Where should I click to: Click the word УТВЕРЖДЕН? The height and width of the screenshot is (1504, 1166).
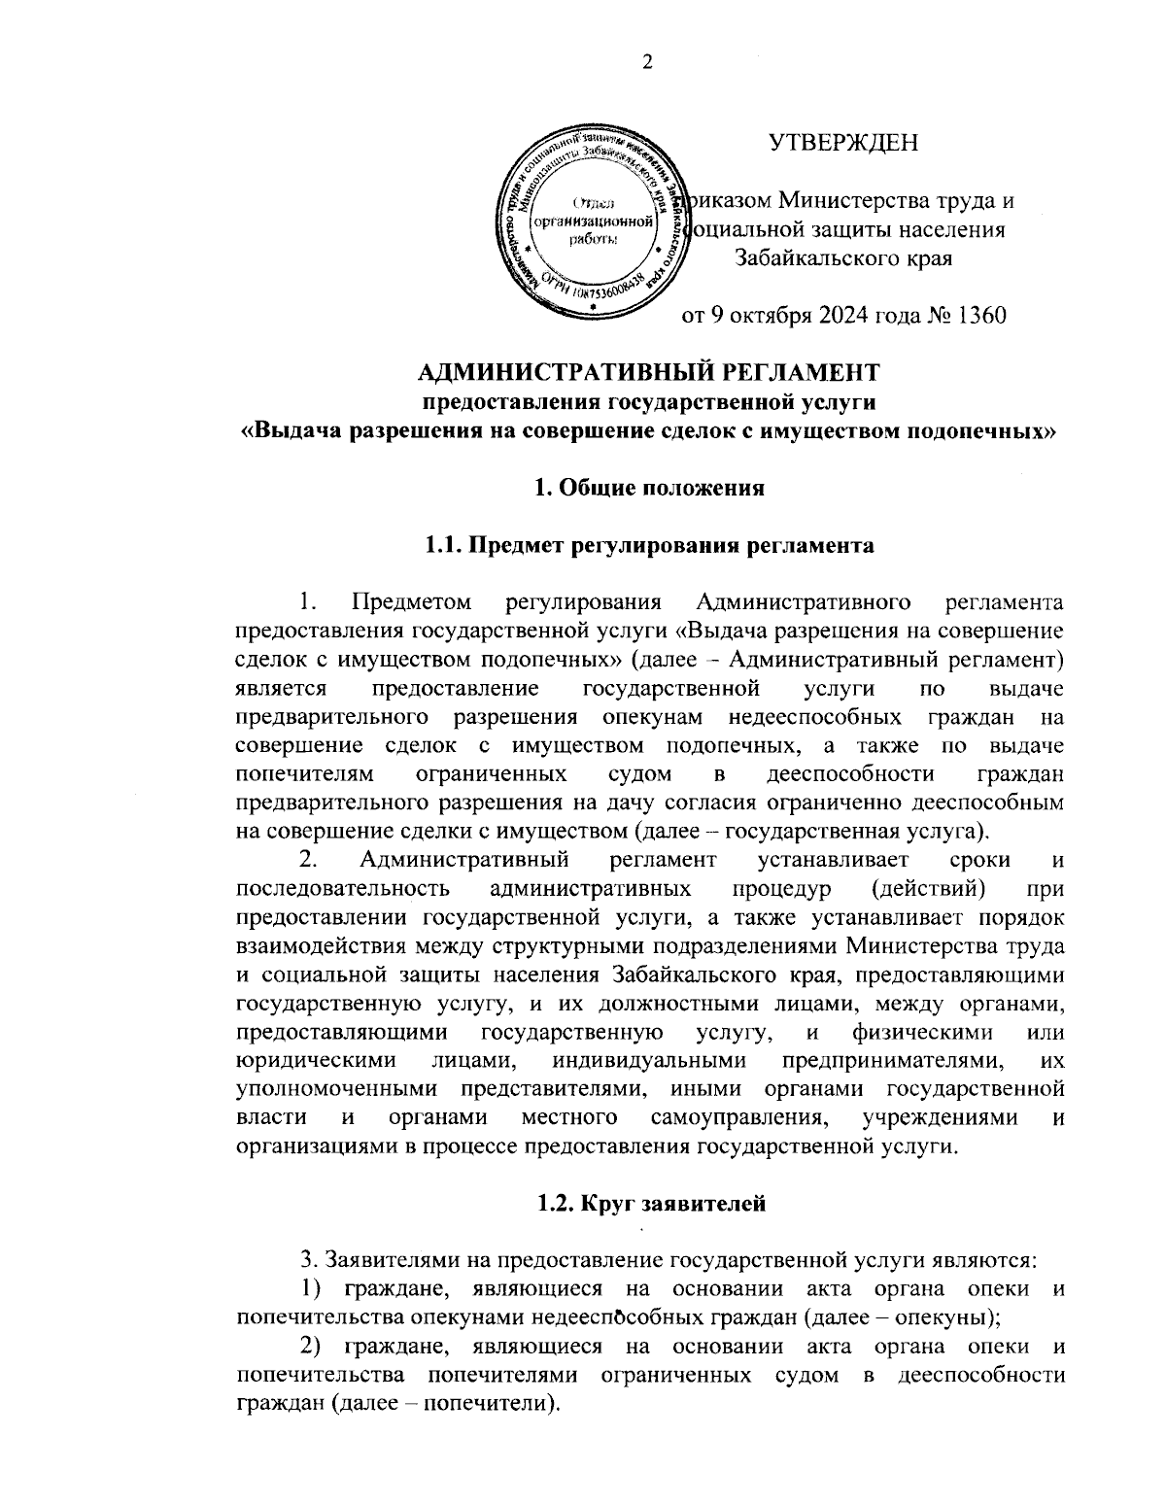coord(842,143)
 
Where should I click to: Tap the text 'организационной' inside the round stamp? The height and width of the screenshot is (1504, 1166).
coord(592,222)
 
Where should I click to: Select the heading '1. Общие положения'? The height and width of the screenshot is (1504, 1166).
coord(649,488)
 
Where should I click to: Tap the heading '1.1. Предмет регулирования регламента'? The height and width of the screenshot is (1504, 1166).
coord(649,545)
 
